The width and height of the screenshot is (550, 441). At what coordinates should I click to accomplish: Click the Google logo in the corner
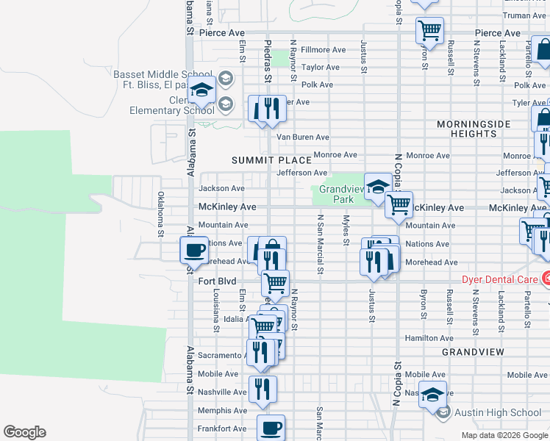click(24, 432)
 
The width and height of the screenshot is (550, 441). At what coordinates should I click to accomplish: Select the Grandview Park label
click(338, 194)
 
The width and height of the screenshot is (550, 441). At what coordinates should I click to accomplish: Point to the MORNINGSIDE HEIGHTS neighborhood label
click(474, 129)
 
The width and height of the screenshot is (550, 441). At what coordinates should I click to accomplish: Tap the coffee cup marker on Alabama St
click(194, 250)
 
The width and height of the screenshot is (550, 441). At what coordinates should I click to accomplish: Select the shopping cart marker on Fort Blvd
click(275, 282)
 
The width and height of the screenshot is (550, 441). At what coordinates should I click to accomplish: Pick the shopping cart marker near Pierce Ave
click(429, 30)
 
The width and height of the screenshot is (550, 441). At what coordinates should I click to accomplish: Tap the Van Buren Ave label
click(301, 137)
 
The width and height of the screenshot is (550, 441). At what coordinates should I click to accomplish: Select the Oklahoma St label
click(161, 215)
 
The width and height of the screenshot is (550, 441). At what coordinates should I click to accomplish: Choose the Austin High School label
click(499, 412)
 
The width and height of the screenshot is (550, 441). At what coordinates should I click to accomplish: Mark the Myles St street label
click(345, 229)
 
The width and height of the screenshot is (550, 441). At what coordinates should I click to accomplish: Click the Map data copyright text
click(504, 435)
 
